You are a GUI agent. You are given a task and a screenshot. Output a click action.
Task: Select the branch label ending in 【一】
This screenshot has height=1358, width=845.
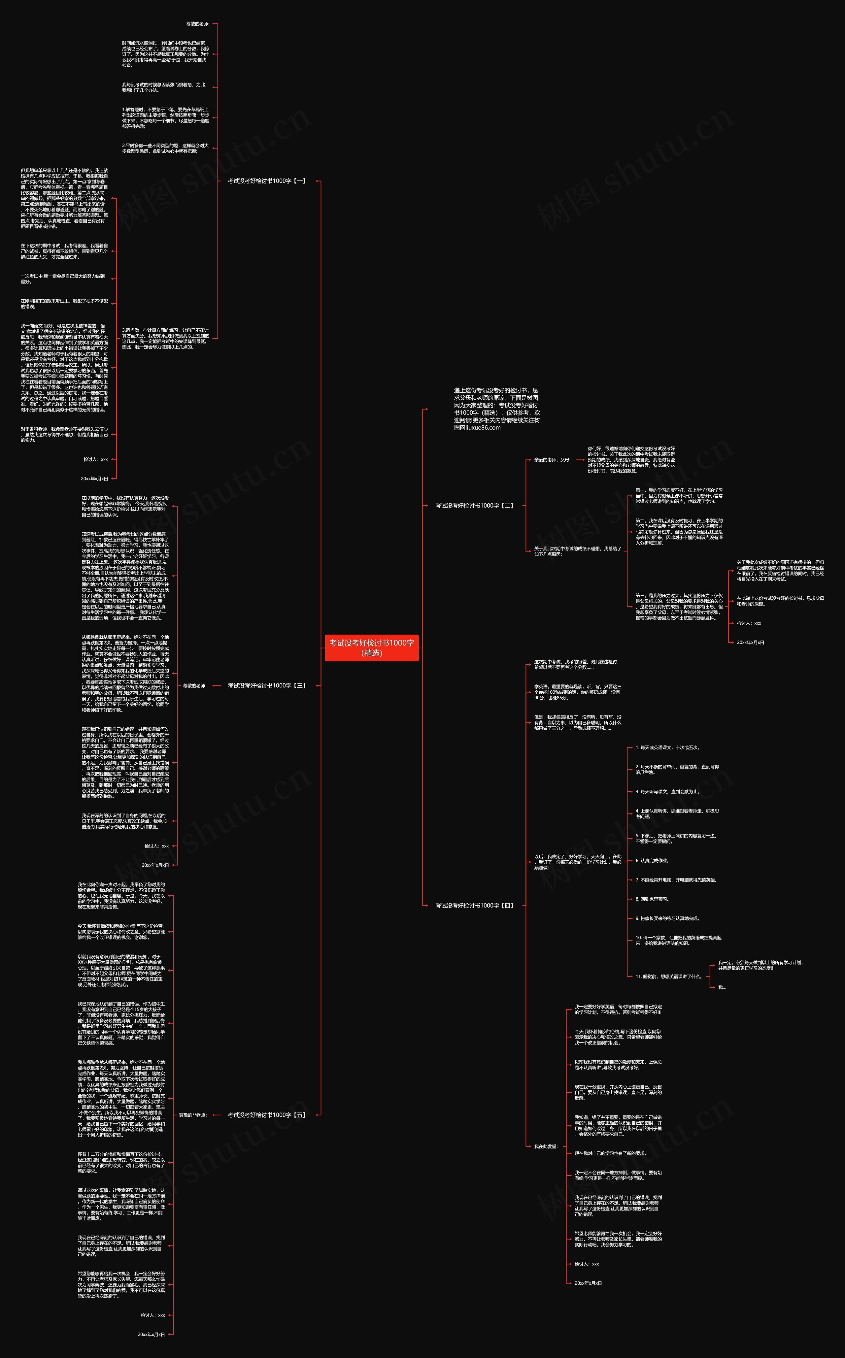(267, 181)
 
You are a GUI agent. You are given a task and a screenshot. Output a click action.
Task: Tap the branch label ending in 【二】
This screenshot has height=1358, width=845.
(474, 506)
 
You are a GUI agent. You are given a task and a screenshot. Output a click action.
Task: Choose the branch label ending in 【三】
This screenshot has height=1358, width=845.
(267, 685)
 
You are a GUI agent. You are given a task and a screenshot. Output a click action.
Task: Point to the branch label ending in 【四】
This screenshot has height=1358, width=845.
(474, 906)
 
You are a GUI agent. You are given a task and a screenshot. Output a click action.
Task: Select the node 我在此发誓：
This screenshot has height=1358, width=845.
(545, 1146)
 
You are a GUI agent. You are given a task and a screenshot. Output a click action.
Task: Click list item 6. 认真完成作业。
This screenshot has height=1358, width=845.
(652, 861)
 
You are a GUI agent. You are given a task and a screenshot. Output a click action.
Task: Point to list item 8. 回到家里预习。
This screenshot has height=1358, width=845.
(652, 899)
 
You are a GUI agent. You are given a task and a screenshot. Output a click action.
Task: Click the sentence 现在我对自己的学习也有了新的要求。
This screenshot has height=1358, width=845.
(610, 1153)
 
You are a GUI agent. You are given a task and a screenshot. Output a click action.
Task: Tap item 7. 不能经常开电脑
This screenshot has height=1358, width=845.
(676, 880)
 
